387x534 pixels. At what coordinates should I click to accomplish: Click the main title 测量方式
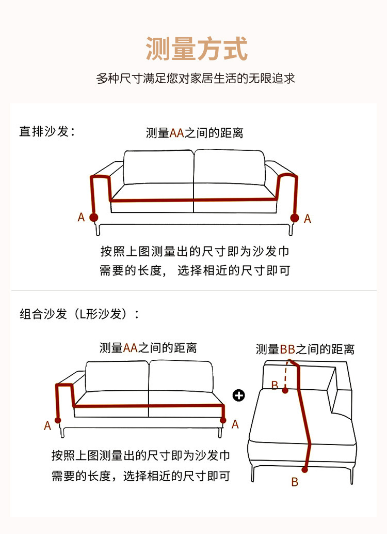click(x=197, y=49)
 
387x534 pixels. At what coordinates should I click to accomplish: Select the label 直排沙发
click(x=47, y=131)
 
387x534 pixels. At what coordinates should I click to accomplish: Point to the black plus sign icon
click(x=239, y=395)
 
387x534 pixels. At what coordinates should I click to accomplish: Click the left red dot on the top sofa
click(x=93, y=217)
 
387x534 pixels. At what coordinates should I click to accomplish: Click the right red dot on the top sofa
click(x=295, y=218)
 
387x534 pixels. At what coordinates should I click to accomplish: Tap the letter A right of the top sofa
click(x=308, y=219)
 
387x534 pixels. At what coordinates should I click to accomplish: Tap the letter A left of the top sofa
click(x=81, y=218)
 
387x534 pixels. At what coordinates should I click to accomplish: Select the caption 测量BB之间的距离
click(x=305, y=349)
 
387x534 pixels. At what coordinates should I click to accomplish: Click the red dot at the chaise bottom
click(x=305, y=469)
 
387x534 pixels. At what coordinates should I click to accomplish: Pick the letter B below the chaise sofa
click(x=295, y=482)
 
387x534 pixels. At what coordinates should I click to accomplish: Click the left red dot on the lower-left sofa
click(x=58, y=420)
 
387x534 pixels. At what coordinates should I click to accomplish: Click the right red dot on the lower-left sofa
click(x=223, y=420)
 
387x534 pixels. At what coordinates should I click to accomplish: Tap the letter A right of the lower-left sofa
click(x=235, y=424)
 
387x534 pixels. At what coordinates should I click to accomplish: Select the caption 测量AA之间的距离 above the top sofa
click(x=195, y=133)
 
